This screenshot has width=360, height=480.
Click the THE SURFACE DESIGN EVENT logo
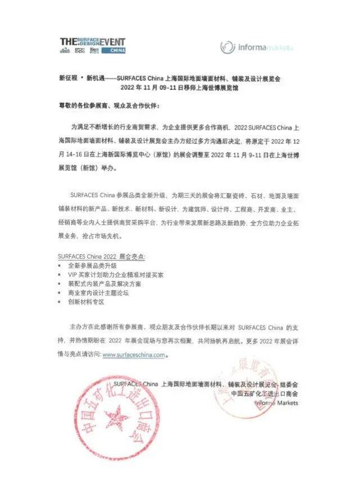click(93, 46)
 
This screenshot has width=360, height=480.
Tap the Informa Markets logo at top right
click(256, 47)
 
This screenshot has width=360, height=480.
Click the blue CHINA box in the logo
click(117, 50)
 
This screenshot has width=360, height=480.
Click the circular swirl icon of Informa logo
click(227, 47)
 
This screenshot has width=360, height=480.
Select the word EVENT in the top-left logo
click(112, 42)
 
